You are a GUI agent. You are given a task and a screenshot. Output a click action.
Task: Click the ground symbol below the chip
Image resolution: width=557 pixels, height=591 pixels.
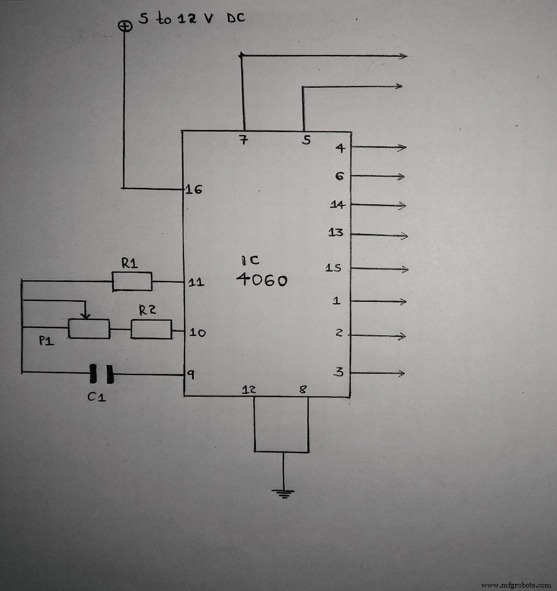[283, 493]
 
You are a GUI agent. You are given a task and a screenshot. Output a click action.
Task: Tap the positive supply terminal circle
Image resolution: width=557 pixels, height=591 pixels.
[124, 26]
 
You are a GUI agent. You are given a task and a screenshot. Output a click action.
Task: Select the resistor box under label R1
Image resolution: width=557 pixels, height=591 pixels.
[132, 281]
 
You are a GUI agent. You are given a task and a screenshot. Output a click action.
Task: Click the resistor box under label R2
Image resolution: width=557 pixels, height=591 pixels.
[151, 329]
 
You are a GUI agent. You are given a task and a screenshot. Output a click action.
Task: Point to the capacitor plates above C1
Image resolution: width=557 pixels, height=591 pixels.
[100, 373]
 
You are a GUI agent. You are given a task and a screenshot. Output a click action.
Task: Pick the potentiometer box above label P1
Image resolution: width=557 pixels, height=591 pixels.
[89, 329]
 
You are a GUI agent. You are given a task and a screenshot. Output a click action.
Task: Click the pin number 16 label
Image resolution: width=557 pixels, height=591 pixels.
[194, 190]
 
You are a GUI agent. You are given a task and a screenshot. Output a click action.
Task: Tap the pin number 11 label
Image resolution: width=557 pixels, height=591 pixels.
[196, 283]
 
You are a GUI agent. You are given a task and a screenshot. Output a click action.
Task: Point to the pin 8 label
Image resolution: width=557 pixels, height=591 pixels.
[302, 388]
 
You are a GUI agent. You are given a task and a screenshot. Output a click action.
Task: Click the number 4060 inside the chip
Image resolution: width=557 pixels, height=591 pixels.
[261, 280]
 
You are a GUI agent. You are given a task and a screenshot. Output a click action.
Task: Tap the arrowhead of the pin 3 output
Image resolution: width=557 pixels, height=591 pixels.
[402, 373]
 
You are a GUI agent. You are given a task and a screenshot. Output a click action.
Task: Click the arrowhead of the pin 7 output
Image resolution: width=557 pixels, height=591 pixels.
[403, 56]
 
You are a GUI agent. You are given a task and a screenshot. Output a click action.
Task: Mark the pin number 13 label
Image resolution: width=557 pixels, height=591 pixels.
[336, 233]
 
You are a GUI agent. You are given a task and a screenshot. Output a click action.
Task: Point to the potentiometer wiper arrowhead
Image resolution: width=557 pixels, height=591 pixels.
[86, 315]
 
